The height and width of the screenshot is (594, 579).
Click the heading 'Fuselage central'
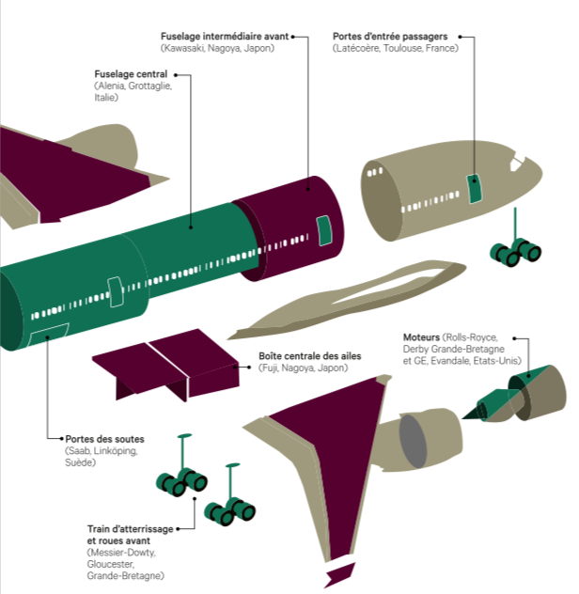pyautogui.click(x=131, y=73)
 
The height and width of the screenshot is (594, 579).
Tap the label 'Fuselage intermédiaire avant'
pyautogui.click(x=225, y=36)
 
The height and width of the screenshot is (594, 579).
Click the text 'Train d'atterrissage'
pyautogui.click(x=130, y=530)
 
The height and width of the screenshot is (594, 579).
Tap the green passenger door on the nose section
pyautogui.click(x=476, y=187)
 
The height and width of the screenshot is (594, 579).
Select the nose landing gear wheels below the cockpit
pyautogui.click(x=514, y=252)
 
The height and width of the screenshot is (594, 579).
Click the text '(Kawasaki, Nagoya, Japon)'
pyautogui.click(x=217, y=48)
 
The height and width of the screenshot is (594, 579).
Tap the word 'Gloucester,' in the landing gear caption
pyautogui.click(x=111, y=564)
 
